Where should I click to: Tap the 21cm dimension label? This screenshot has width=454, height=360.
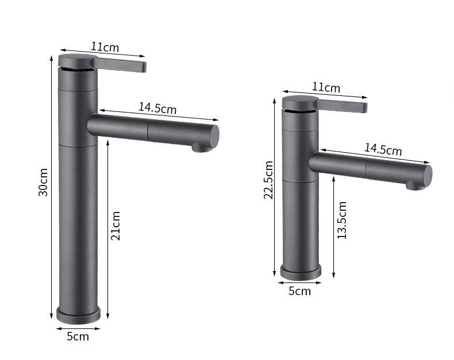(x=116, y=225)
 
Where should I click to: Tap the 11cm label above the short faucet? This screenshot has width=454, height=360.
(x=326, y=87)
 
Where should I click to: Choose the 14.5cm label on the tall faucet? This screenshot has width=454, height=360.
(x=157, y=107)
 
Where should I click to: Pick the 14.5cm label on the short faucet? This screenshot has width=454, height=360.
(x=383, y=149)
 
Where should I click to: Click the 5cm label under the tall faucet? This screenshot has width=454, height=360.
(x=78, y=336)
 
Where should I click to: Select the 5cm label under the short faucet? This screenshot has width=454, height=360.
(x=299, y=291)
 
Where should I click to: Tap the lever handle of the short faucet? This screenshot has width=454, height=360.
(x=343, y=106)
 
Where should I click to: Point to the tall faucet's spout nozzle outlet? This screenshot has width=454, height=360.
(x=199, y=148)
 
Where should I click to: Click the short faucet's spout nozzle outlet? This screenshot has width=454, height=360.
(x=413, y=185)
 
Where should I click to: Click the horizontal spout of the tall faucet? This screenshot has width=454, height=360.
(x=152, y=131)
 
